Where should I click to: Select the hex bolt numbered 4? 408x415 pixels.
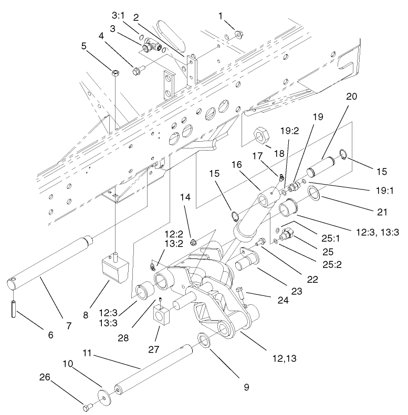pos(138,69)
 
